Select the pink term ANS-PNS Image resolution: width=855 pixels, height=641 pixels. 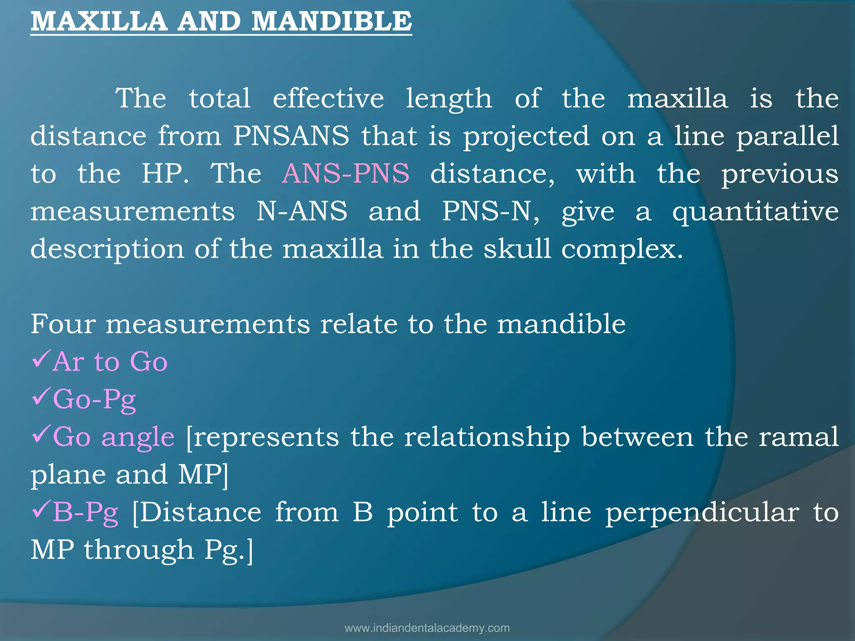coord(346,174)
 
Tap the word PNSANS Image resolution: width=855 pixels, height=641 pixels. coord(291,136)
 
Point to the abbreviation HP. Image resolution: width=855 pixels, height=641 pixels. coord(164,174)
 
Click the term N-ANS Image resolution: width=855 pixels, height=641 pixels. coord(301,211)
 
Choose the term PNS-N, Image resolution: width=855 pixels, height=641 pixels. coord(491,211)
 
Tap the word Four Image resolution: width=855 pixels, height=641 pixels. coord(63,324)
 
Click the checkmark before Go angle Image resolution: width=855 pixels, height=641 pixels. coord(41,434)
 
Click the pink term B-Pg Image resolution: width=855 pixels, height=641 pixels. coord(86,512)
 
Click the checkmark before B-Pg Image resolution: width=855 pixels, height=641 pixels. coord(41,510)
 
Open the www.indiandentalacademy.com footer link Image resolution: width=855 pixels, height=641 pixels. coord(427,628)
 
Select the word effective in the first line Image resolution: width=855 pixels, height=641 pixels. coord(328,98)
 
